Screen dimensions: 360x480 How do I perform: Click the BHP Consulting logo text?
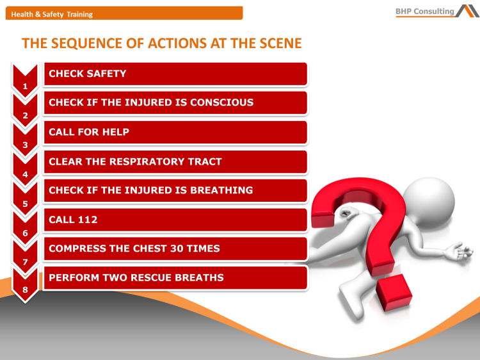click(x=425, y=11)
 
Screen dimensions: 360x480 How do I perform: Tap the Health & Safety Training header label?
click(x=52, y=14)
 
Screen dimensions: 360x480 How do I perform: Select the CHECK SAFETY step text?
click(x=88, y=74)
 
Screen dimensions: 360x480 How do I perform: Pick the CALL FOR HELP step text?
click(x=89, y=132)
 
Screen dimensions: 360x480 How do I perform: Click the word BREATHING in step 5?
click(x=221, y=190)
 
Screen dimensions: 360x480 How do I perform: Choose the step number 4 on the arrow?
click(x=25, y=174)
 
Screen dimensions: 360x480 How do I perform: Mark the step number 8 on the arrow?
click(x=25, y=291)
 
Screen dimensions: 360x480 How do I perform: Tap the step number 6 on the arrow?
click(x=25, y=233)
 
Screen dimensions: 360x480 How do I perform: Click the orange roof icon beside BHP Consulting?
click(x=468, y=10)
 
